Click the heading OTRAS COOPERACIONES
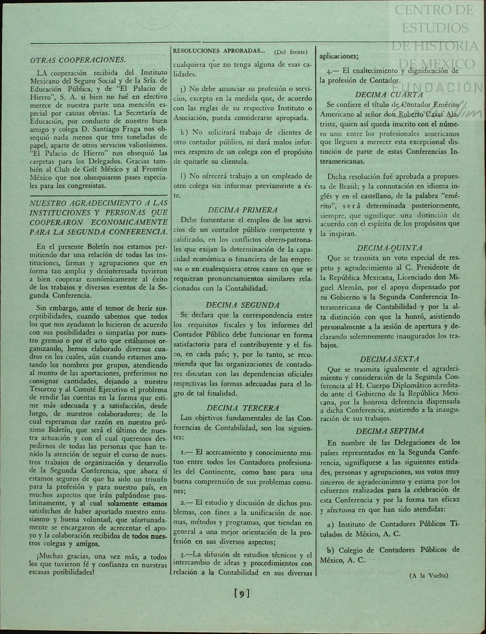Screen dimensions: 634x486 pyautogui.click(x=78, y=60)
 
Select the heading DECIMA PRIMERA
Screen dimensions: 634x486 pyautogui.click(x=243, y=210)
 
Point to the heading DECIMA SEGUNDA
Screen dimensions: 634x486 pyautogui.click(x=243, y=305)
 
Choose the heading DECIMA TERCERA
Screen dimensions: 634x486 pyautogui.click(x=243, y=408)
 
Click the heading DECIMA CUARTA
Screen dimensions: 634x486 pyautogui.click(x=389, y=95)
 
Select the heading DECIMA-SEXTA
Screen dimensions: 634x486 pyautogui.click(x=389, y=359)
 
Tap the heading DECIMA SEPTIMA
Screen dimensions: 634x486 pyautogui.click(x=390, y=431)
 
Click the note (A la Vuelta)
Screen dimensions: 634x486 pyautogui.click(x=429, y=576)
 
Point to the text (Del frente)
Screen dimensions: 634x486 pyautogui.click(x=291, y=52)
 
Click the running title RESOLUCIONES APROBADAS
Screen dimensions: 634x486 pyautogui.click(x=219, y=51)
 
